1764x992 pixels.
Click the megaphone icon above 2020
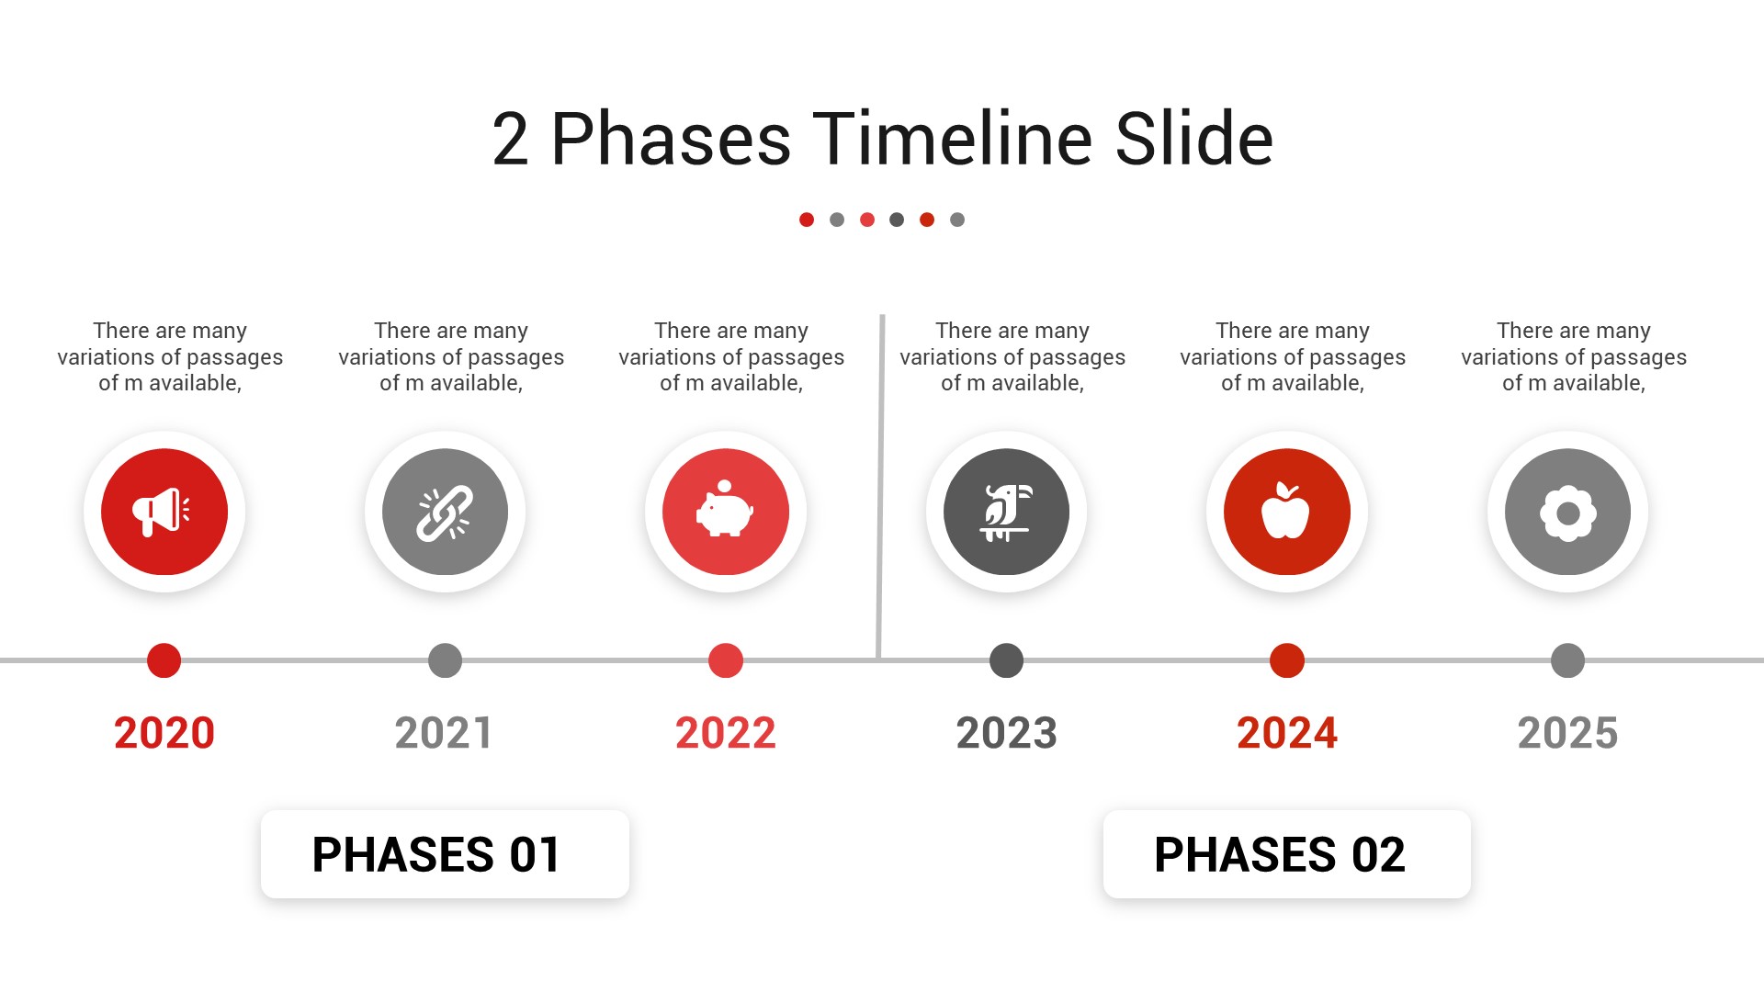162,512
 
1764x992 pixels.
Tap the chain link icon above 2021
445,513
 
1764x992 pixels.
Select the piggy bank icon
725,509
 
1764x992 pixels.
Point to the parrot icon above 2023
1007,513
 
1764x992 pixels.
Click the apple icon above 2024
1286,511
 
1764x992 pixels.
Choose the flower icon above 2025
1567,513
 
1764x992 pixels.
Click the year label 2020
164,733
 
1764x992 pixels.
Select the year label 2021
445,733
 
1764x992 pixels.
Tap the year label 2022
726,733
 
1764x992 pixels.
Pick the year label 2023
1007,733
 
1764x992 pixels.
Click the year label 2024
1287,733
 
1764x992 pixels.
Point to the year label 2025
1567,733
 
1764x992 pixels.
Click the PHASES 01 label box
445,854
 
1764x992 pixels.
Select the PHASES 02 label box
1286,854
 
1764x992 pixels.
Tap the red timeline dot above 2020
164,660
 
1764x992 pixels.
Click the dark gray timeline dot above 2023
1007,660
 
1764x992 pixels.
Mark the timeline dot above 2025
1567,660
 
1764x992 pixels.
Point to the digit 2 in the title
511,139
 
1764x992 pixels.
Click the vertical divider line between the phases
880,487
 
